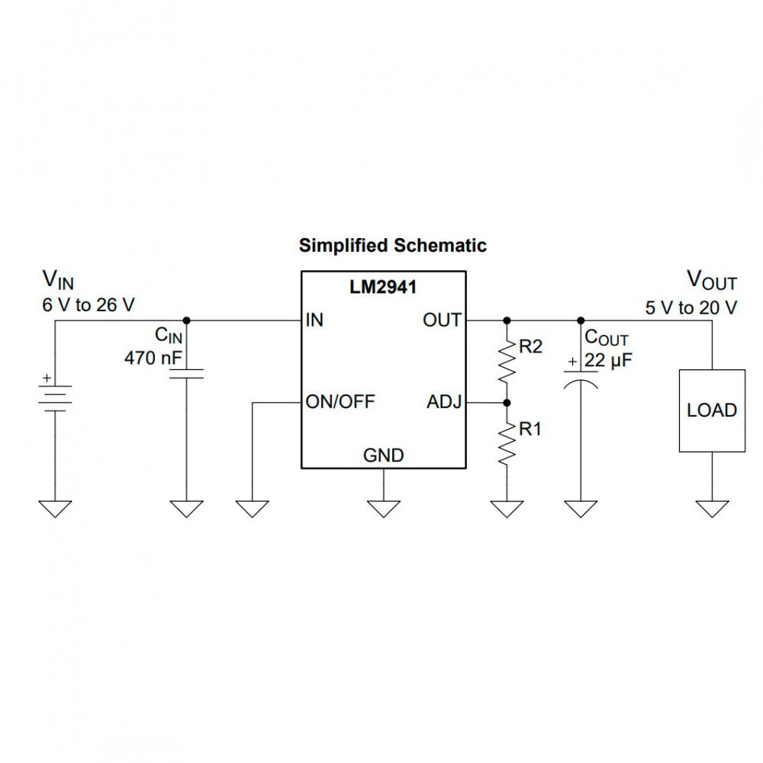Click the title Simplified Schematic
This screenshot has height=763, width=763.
point(392,246)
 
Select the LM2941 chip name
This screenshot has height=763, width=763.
point(383,288)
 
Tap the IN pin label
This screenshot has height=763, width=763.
point(314,320)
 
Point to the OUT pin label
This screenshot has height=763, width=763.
point(443,320)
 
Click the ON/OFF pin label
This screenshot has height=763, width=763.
point(340,401)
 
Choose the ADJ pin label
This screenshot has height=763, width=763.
point(444,401)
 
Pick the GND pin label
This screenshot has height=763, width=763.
point(383,456)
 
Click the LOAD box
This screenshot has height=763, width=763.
point(712,410)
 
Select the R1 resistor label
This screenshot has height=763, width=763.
point(530,430)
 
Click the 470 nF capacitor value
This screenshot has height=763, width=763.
point(151,356)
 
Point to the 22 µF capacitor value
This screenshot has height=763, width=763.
point(610,361)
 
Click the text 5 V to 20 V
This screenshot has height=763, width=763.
point(691,309)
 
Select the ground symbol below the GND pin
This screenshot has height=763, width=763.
point(383,508)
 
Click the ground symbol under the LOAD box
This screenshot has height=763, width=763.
point(712,508)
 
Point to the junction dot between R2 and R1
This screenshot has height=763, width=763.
point(507,401)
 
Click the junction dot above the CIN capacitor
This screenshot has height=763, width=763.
point(187,320)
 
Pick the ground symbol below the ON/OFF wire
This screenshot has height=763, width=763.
point(252,508)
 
